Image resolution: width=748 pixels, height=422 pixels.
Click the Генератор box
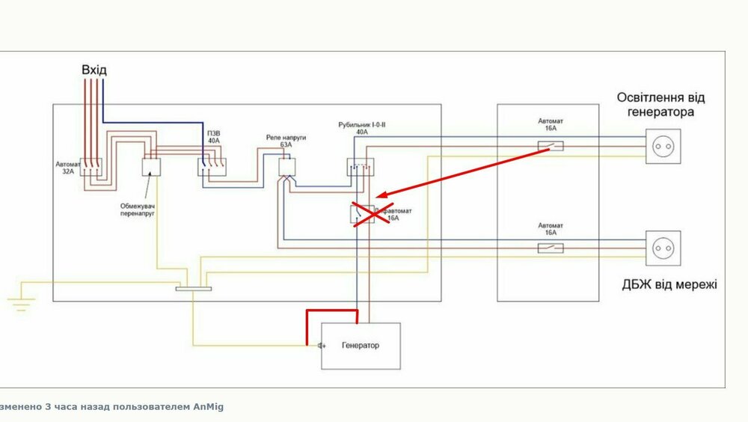[x=361, y=346]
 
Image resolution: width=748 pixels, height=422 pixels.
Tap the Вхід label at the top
[x=94, y=70]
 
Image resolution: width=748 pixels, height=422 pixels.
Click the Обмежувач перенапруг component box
[x=152, y=167]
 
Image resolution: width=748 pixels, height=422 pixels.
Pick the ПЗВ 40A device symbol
[x=212, y=167]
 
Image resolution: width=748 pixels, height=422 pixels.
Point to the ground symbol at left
[x=20, y=301]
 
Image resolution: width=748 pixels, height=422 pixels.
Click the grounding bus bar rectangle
[x=194, y=289]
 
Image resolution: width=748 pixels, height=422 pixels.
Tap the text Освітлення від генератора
[x=661, y=105]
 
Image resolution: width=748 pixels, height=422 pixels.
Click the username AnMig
[x=208, y=407]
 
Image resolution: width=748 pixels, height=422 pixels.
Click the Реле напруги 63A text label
[x=286, y=142]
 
